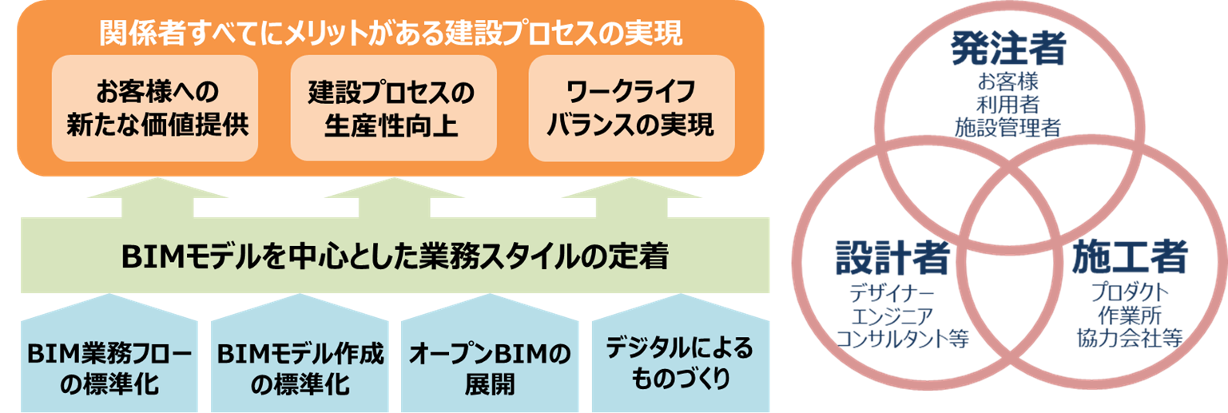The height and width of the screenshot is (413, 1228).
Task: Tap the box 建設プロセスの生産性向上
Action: click(x=391, y=108)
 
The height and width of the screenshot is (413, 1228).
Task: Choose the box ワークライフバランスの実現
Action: click(x=630, y=108)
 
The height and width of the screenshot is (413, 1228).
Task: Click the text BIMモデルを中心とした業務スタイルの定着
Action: click(x=394, y=257)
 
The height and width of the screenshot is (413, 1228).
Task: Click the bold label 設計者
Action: click(x=892, y=257)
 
